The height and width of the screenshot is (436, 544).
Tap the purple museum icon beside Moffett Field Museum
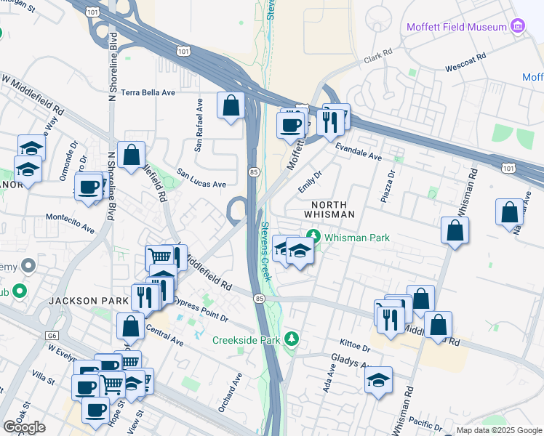[x=518, y=27]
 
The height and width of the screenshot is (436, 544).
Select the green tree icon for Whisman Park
[x=313, y=236]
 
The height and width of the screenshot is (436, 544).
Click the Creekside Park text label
[x=247, y=339]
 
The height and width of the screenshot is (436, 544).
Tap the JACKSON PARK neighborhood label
[x=79, y=300]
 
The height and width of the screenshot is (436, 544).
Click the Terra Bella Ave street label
[x=148, y=92]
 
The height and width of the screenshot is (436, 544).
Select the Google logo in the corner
[x=24, y=427]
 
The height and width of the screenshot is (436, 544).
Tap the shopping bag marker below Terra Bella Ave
[x=231, y=106]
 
